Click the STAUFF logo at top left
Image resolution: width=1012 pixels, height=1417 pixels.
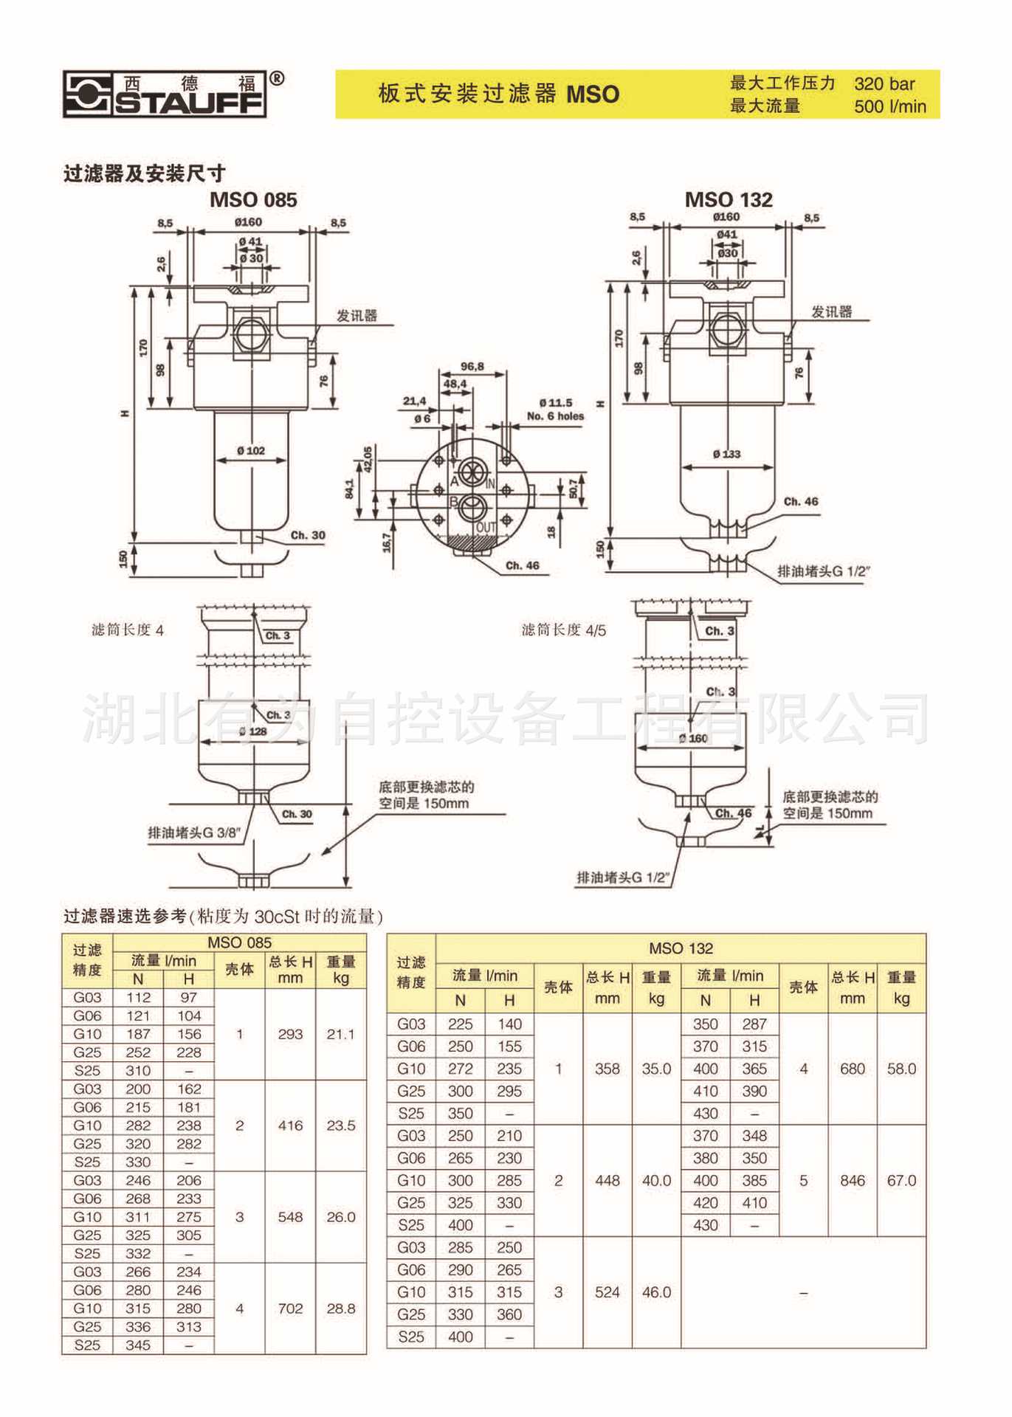(x=165, y=94)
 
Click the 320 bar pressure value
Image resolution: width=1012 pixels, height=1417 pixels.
(x=884, y=84)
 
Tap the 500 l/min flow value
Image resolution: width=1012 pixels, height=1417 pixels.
(x=889, y=106)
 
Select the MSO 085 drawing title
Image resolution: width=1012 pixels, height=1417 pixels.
(x=253, y=200)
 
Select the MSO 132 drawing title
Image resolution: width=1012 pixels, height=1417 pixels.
(x=729, y=200)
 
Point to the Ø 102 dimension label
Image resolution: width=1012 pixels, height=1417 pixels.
(x=251, y=451)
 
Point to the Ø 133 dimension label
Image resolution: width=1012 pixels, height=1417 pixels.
(x=727, y=454)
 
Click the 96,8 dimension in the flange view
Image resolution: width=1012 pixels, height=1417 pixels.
(x=472, y=367)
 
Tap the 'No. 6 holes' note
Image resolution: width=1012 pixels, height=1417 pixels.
(x=555, y=416)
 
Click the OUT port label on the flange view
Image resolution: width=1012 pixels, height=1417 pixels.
(x=486, y=527)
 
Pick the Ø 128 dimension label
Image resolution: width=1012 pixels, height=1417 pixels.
(x=252, y=731)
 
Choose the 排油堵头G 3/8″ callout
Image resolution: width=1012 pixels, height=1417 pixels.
(x=194, y=832)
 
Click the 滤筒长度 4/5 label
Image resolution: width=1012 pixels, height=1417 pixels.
(x=563, y=630)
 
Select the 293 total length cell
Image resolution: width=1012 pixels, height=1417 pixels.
(x=290, y=1034)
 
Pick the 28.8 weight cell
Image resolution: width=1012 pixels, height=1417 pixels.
(x=341, y=1309)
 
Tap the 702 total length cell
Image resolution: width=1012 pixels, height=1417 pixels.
(x=290, y=1309)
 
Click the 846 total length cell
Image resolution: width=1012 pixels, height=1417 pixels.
(x=853, y=1181)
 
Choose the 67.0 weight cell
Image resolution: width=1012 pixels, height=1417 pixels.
(x=901, y=1181)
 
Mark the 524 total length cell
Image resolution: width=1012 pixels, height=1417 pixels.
(x=607, y=1292)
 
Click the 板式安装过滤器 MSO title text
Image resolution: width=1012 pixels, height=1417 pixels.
(x=499, y=94)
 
